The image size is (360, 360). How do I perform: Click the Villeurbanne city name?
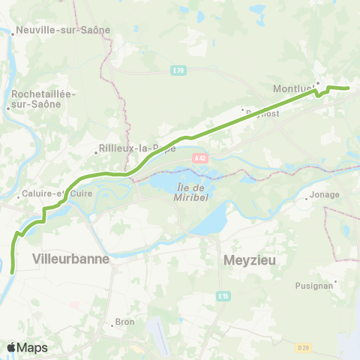pyautogui.click(x=71, y=258)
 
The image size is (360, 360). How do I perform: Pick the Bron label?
pyautogui.click(x=124, y=322)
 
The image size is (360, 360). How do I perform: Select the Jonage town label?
pyautogui.click(x=326, y=194)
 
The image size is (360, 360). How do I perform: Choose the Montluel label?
pyautogui.click(x=292, y=88)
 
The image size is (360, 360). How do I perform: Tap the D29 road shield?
pyautogui.click(x=303, y=346)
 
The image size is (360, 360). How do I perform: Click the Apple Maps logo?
pyautogui.click(x=27, y=347)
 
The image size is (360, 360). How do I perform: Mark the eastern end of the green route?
pyautogui.click(x=349, y=88)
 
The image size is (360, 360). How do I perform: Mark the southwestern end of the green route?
pyautogui.click(x=13, y=272)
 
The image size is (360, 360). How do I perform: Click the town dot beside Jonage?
pyautogui.click(x=307, y=199)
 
